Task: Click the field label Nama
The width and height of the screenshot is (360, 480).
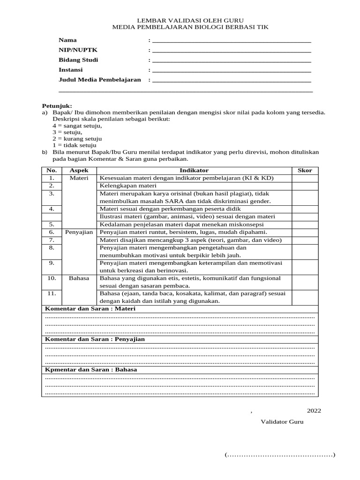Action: click(x=67, y=40)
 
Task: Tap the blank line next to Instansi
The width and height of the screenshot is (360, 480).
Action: click(x=232, y=70)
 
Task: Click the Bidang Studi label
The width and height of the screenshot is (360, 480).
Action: click(x=78, y=60)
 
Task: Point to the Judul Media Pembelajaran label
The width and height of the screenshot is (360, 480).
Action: click(x=99, y=80)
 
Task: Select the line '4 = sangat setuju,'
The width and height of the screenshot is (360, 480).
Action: click(x=77, y=126)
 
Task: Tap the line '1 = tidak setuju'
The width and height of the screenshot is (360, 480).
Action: click(x=74, y=145)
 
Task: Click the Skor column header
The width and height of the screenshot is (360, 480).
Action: click(x=305, y=170)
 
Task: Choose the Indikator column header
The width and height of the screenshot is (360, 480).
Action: click(x=194, y=170)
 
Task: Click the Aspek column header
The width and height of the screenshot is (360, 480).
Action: click(x=79, y=170)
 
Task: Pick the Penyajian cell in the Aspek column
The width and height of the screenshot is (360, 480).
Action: click(x=79, y=232)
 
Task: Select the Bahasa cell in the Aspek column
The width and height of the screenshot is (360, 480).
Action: click(x=79, y=278)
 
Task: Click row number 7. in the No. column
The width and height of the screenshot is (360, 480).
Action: click(x=52, y=240)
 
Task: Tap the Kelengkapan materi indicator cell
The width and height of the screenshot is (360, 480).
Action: click(x=124, y=186)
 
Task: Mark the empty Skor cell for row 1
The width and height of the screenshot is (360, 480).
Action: click(x=305, y=178)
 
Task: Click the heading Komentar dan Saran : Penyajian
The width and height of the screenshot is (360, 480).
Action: click(x=94, y=338)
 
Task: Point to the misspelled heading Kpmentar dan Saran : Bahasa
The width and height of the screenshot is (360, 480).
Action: click(x=91, y=369)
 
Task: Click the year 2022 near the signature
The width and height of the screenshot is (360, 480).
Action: click(x=314, y=411)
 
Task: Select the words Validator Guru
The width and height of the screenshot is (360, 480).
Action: click(x=282, y=421)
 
